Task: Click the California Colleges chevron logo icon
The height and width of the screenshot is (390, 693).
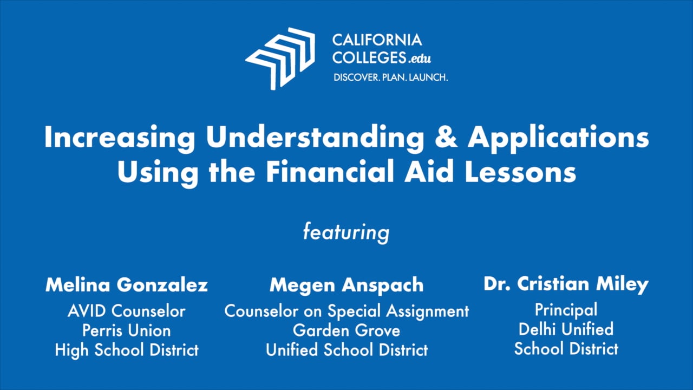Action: (x=280, y=59)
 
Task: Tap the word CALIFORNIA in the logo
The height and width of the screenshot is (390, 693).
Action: (x=377, y=40)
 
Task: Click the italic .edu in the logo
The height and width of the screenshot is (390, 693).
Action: (x=420, y=58)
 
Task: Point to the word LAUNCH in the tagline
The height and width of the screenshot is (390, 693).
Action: (x=428, y=77)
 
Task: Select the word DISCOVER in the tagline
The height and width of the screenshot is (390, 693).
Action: (x=356, y=77)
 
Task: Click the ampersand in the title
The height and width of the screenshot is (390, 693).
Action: (x=446, y=136)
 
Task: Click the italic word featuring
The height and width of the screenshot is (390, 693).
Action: (x=346, y=232)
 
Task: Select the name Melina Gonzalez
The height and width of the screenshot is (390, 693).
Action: (x=127, y=285)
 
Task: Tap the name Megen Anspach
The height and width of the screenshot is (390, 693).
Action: (x=346, y=285)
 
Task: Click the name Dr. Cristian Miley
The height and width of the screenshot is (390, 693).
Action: (x=566, y=284)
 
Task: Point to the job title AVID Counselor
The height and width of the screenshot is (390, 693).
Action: (x=127, y=311)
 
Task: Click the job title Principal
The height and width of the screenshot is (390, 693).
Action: (x=566, y=310)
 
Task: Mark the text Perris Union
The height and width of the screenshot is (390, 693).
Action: (x=127, y=330)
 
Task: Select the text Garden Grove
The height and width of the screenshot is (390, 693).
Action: (x=346, y=330)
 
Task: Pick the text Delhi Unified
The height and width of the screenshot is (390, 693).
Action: (x=566, y=329)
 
